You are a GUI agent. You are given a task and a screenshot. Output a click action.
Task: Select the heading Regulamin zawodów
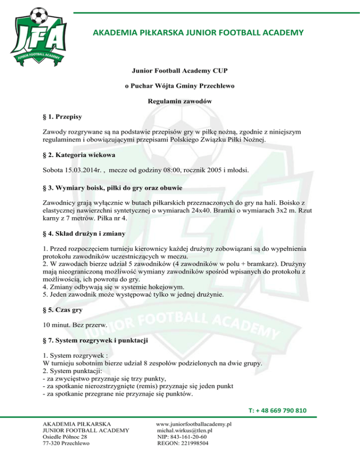pos(180,101)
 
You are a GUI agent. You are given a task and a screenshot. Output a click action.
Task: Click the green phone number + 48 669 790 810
pos(277,411)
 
